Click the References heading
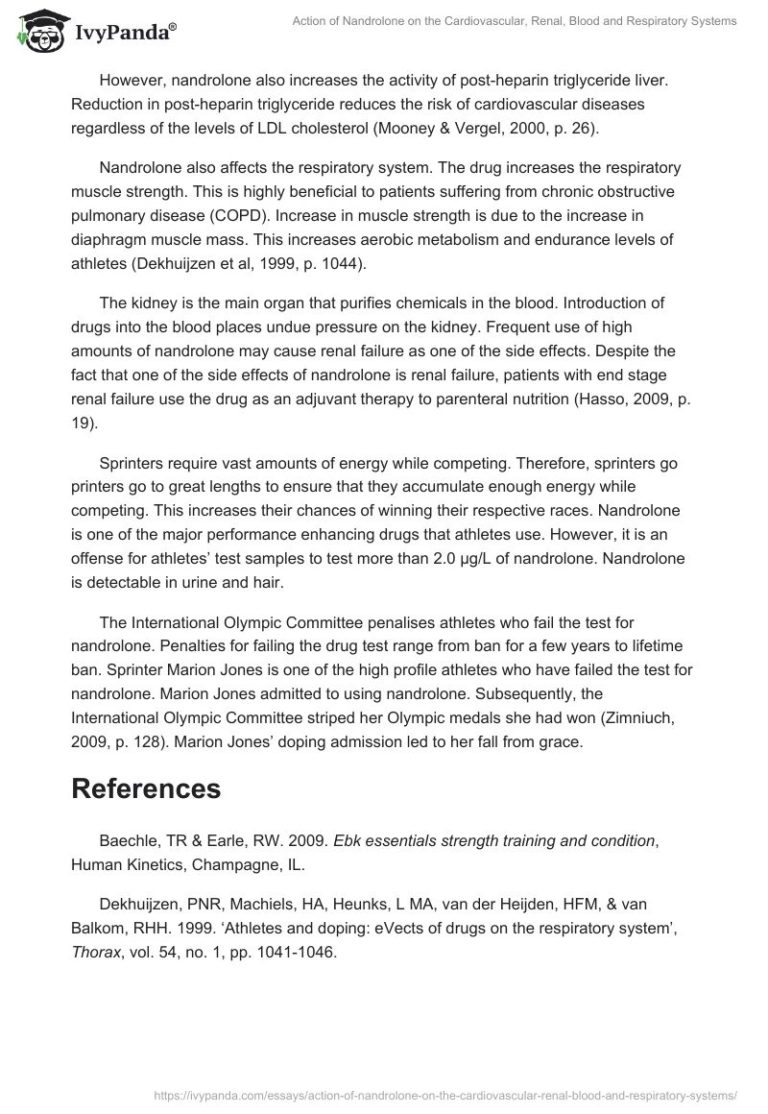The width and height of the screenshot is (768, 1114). pyautogui.click(x=146, y=787)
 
